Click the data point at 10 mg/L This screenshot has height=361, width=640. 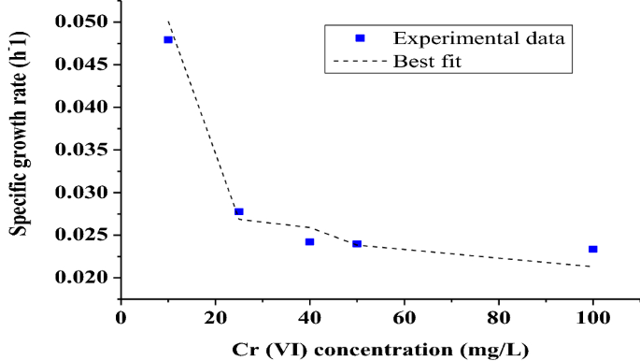(168, 39)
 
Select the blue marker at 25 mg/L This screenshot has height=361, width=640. (239, 211)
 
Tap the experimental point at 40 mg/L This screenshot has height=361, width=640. (309, 241)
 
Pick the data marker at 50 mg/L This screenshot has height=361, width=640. (357, 243)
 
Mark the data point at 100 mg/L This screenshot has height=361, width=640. (592, 249)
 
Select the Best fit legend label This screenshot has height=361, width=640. (426, 62)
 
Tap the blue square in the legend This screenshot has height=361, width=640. (360, 38)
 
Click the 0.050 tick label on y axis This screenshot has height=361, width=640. (82, 22)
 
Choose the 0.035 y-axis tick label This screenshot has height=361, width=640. (82, 150)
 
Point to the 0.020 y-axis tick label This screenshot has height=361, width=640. (82, 278)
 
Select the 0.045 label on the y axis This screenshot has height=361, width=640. (82, 65)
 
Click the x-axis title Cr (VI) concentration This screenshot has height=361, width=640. (379, 349)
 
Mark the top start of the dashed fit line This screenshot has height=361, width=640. (168, 22)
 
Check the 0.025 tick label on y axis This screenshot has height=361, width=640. (82, 235)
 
